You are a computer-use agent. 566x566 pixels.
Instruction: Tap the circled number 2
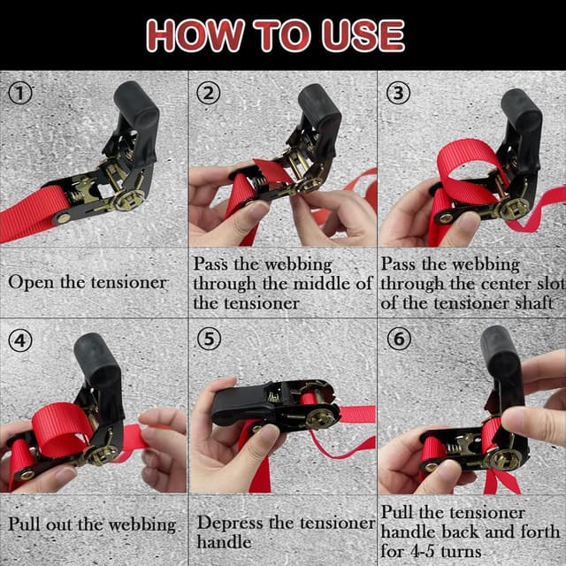[209, 93]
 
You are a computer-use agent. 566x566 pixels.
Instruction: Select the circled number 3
[398, 93]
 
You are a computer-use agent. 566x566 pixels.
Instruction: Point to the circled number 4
[20, 340]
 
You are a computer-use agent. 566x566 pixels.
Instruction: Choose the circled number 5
[209, 340]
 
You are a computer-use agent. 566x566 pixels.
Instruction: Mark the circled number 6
[399, 340]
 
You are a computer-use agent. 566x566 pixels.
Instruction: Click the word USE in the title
[363, 35]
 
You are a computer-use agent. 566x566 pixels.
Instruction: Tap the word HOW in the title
[195, 35]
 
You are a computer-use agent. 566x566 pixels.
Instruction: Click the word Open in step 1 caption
[32, 283]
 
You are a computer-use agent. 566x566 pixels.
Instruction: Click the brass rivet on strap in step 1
[63, 218]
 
